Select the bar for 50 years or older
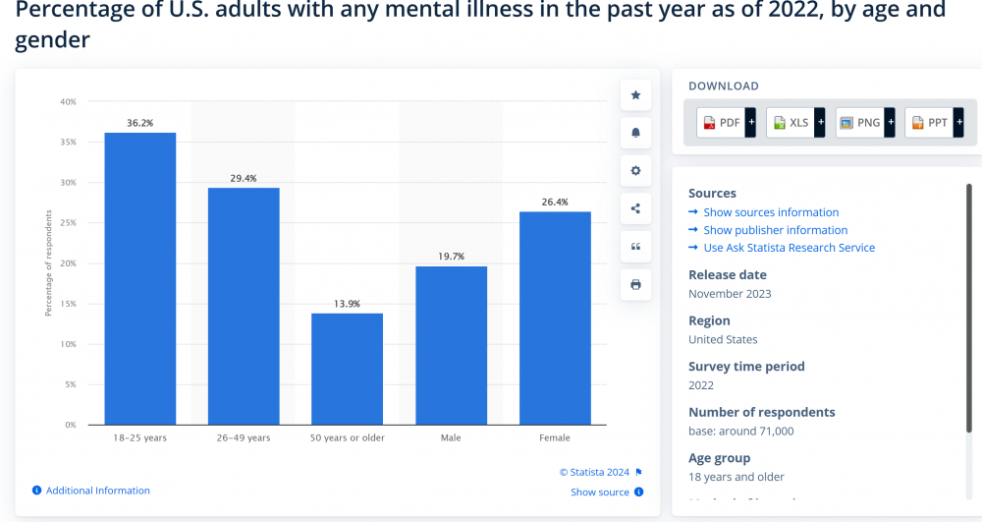click(x=347, y=369)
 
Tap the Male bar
click(x=451, y=345)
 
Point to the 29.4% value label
click(x=244, y=178)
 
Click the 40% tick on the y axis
click(x=68, y=101)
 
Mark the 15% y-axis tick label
click(x=68, y=304)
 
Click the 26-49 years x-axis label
click(x=244, y=437)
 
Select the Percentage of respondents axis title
click(x=48, y=263)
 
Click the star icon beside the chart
click(x=635, y=95)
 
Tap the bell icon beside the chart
click(x=635, y=133)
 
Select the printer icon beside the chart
click(x=635, y=284)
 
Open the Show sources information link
click(x=771, y=212)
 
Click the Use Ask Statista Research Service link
click(x=789, y=248)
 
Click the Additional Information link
click(x=97, y=491)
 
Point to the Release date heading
click(x=728, y=275)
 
